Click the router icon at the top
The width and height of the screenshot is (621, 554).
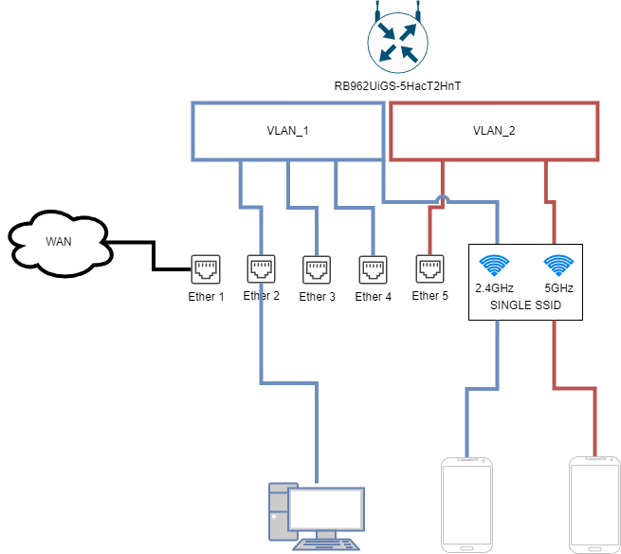coord(397,43)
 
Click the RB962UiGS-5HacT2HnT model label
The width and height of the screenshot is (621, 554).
coord(397,86)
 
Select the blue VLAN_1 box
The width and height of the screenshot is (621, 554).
coord(287,131)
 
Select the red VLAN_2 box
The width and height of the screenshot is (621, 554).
coord(494,131)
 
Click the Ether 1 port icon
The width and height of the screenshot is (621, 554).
coord(206,269)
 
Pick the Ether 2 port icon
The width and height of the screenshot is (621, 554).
coord(261,269)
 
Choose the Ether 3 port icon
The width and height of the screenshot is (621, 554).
coord(317,269)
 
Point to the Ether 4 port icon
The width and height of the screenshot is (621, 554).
coord(373,269)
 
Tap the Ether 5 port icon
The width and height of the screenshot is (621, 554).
coord(429,269)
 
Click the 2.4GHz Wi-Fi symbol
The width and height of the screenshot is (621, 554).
coord(494,265)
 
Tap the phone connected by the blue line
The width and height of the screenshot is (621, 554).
coord(467,505)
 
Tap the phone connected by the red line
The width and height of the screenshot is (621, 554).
coord(594,505)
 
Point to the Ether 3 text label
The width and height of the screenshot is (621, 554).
coord(318,297)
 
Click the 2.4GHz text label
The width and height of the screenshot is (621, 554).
coord(495,287)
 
